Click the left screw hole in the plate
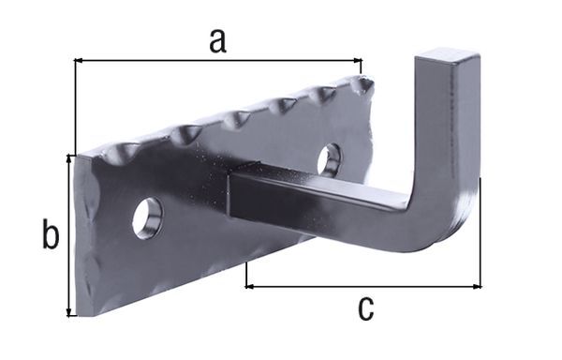pyautogui.click(x=147, y=217)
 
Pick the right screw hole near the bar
pyautogui.click(x=329, y=159)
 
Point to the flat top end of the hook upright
pyautogui.click(x=448, y=58)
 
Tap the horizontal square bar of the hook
pyautogui.click(x=318, y=197)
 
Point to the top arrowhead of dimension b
pyautogui.click(x=68, y=159)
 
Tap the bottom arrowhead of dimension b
pyautogui.click(x=68, y=311)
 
